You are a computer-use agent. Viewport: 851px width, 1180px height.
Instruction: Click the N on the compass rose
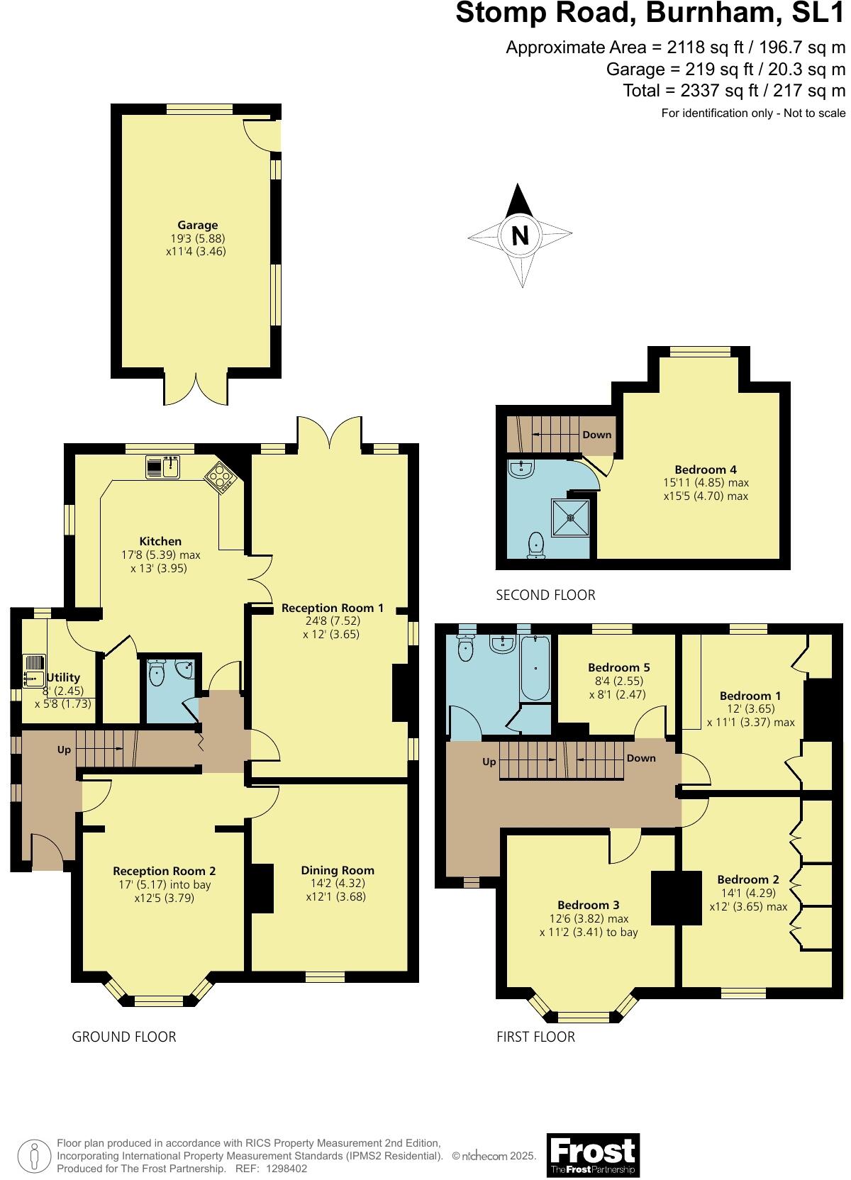tap(520, 235)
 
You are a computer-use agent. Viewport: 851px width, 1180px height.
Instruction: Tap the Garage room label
tap(197, 226)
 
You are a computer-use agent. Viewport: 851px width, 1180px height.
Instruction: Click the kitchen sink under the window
tap(163, 467)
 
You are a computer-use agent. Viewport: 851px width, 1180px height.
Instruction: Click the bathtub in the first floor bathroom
tap(535, 667)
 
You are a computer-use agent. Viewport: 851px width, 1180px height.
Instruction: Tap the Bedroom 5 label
tap(618, 667)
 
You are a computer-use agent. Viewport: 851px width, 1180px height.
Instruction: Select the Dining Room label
tap(337, 870)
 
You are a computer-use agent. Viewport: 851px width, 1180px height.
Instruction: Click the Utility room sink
tap(34, 672)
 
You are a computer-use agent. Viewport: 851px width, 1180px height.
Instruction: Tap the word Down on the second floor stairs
tap(596, 435)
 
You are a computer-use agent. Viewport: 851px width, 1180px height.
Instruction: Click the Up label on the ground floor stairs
tap(64, 750)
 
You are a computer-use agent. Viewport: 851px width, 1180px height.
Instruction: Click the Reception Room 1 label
tap(332, 608)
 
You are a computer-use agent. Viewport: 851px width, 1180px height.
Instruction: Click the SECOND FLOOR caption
tap(545, 595)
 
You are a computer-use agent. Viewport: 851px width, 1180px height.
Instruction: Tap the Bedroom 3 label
tap(588, 905)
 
